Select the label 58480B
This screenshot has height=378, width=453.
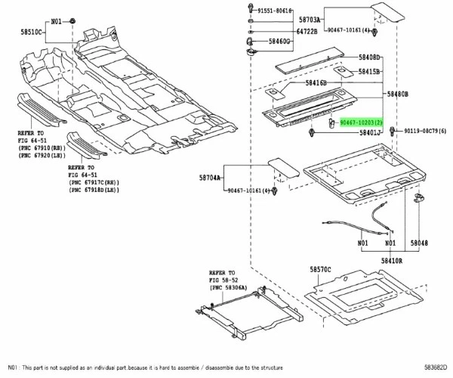point(398,94)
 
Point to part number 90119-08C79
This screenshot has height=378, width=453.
point(424,131)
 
